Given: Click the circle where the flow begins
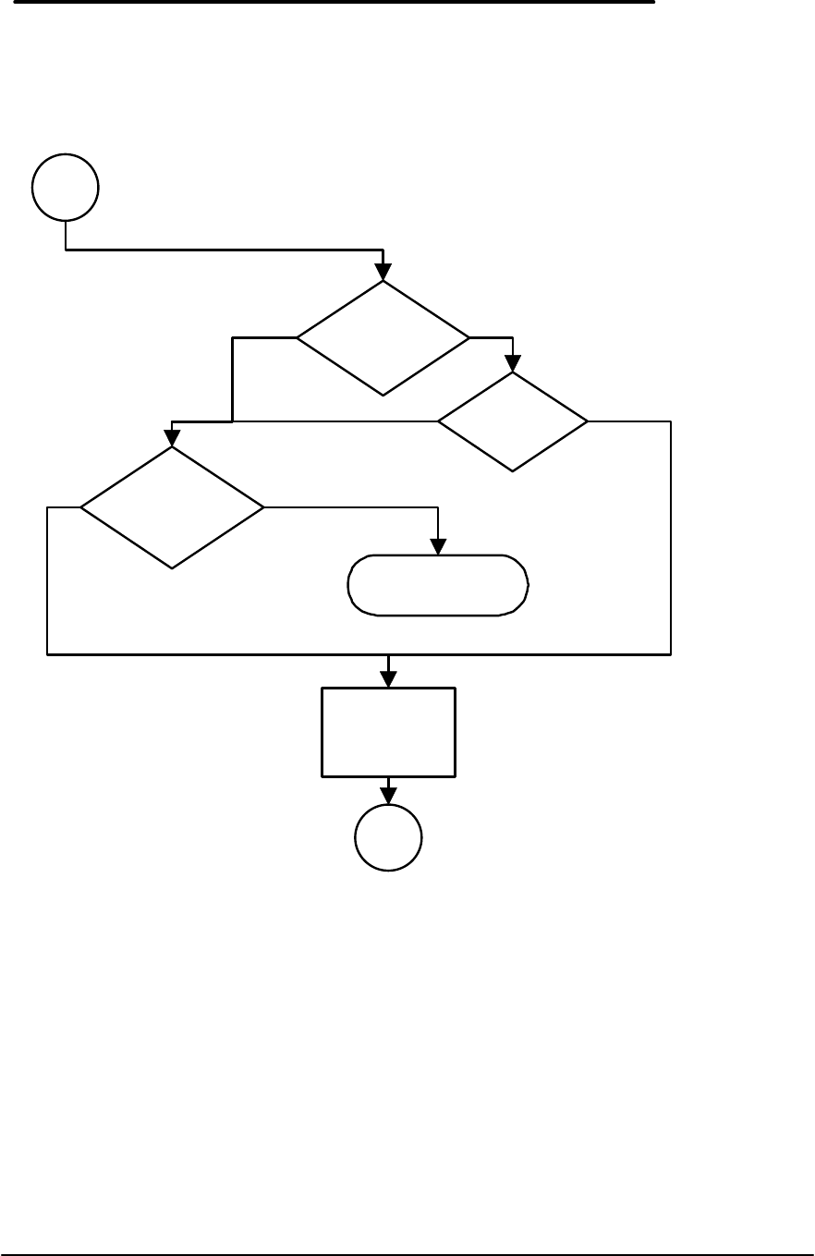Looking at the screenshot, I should (65, 188).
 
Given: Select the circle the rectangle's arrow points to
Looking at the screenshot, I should (388, 838).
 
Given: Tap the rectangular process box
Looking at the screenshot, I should (388, 731).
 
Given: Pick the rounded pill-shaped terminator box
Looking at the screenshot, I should (438, 585).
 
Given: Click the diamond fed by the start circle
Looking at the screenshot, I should (383, 338).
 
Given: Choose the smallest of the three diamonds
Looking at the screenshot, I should (513, 422).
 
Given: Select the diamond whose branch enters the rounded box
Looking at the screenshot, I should (172, 507).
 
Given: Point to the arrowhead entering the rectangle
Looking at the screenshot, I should (388, 679).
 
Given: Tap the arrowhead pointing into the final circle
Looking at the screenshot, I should (388, 797).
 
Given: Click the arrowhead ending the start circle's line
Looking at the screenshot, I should (383, 272).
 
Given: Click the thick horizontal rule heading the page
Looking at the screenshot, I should (327, 3).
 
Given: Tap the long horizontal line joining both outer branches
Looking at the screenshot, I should (359, 653).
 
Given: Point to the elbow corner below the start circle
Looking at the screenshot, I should (66, 250).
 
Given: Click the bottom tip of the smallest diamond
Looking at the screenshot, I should (513, 472).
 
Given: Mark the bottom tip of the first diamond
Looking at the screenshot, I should (383, 396).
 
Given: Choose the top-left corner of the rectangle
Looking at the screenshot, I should (322, 689).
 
